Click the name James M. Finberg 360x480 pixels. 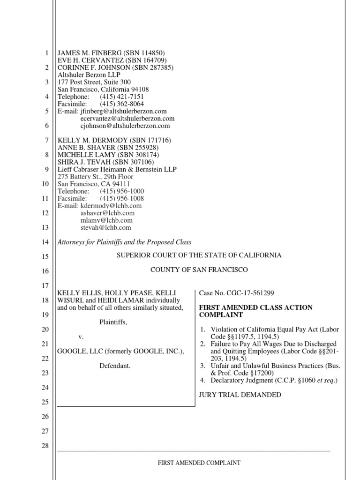[86, 53]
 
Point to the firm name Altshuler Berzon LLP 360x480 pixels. [89, 75]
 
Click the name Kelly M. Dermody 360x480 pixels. [87, 140]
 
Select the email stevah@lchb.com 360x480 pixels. [106, 227]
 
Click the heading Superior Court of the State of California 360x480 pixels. [199, 255]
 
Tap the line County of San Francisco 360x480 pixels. [199, 270]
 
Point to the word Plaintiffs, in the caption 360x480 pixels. [113, 322]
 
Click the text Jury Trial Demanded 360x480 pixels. [240, 395]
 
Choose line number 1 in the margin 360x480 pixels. [46, 53]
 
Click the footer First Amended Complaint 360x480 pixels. [199, 463]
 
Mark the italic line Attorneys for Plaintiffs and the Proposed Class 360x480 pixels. [124, 242]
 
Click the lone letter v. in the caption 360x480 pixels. [80, 337]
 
